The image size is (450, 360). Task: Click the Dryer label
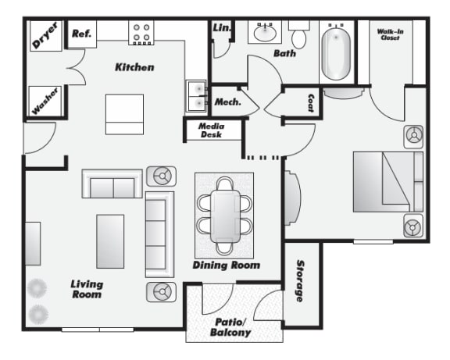click(45, 36)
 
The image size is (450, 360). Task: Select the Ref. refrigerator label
click(82, 34)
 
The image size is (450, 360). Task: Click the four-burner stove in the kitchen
click(141, 33)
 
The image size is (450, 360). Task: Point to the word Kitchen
click(134, 67)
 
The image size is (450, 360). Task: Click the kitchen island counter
click(124, 114)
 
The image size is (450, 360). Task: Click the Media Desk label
click(211, 130)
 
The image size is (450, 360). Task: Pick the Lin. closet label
click(221, 29)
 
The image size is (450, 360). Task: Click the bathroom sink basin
click(264, 34)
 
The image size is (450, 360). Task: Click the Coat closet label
click(310, 104)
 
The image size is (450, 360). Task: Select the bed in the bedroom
click(387, 182)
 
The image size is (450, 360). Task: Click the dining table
click(225, 213)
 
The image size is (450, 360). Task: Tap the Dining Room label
click(227, 266)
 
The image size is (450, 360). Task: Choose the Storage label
click(300, 282)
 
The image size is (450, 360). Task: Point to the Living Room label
click(87, 289)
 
